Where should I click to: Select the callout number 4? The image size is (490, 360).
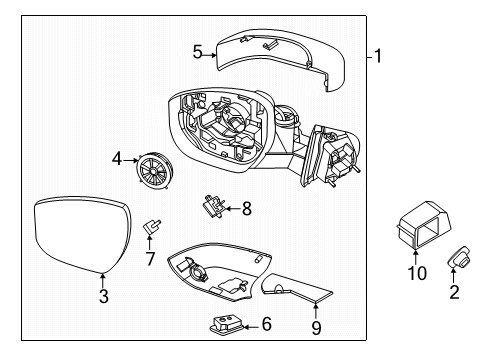117,157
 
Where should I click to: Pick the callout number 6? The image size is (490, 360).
266,323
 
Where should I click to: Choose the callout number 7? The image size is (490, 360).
151,259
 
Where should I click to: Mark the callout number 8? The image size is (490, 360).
247,208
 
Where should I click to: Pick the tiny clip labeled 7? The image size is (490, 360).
153,228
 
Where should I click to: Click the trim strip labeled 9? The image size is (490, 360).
295,289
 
